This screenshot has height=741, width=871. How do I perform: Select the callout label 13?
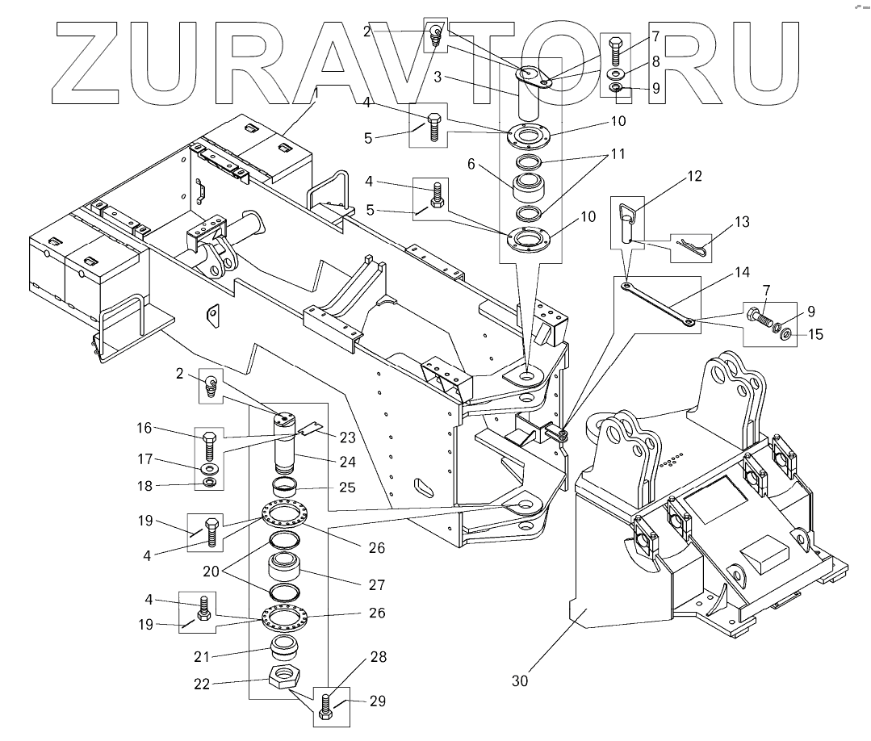coord(742,222)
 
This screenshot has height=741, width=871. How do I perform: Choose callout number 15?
coord(815,334)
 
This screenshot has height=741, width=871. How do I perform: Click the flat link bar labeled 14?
coord(659,304)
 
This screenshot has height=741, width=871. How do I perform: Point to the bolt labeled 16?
coord(209,443)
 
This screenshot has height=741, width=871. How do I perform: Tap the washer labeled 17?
coord(209,468)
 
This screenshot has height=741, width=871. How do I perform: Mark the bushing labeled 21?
coord(285,647)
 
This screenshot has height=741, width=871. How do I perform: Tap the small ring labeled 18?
coord(209,483)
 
